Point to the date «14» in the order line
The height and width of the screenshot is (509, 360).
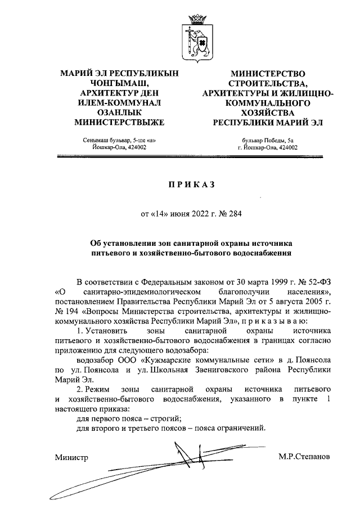[x=161, y=213]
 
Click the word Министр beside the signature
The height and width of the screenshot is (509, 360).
[x=71, y=457]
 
